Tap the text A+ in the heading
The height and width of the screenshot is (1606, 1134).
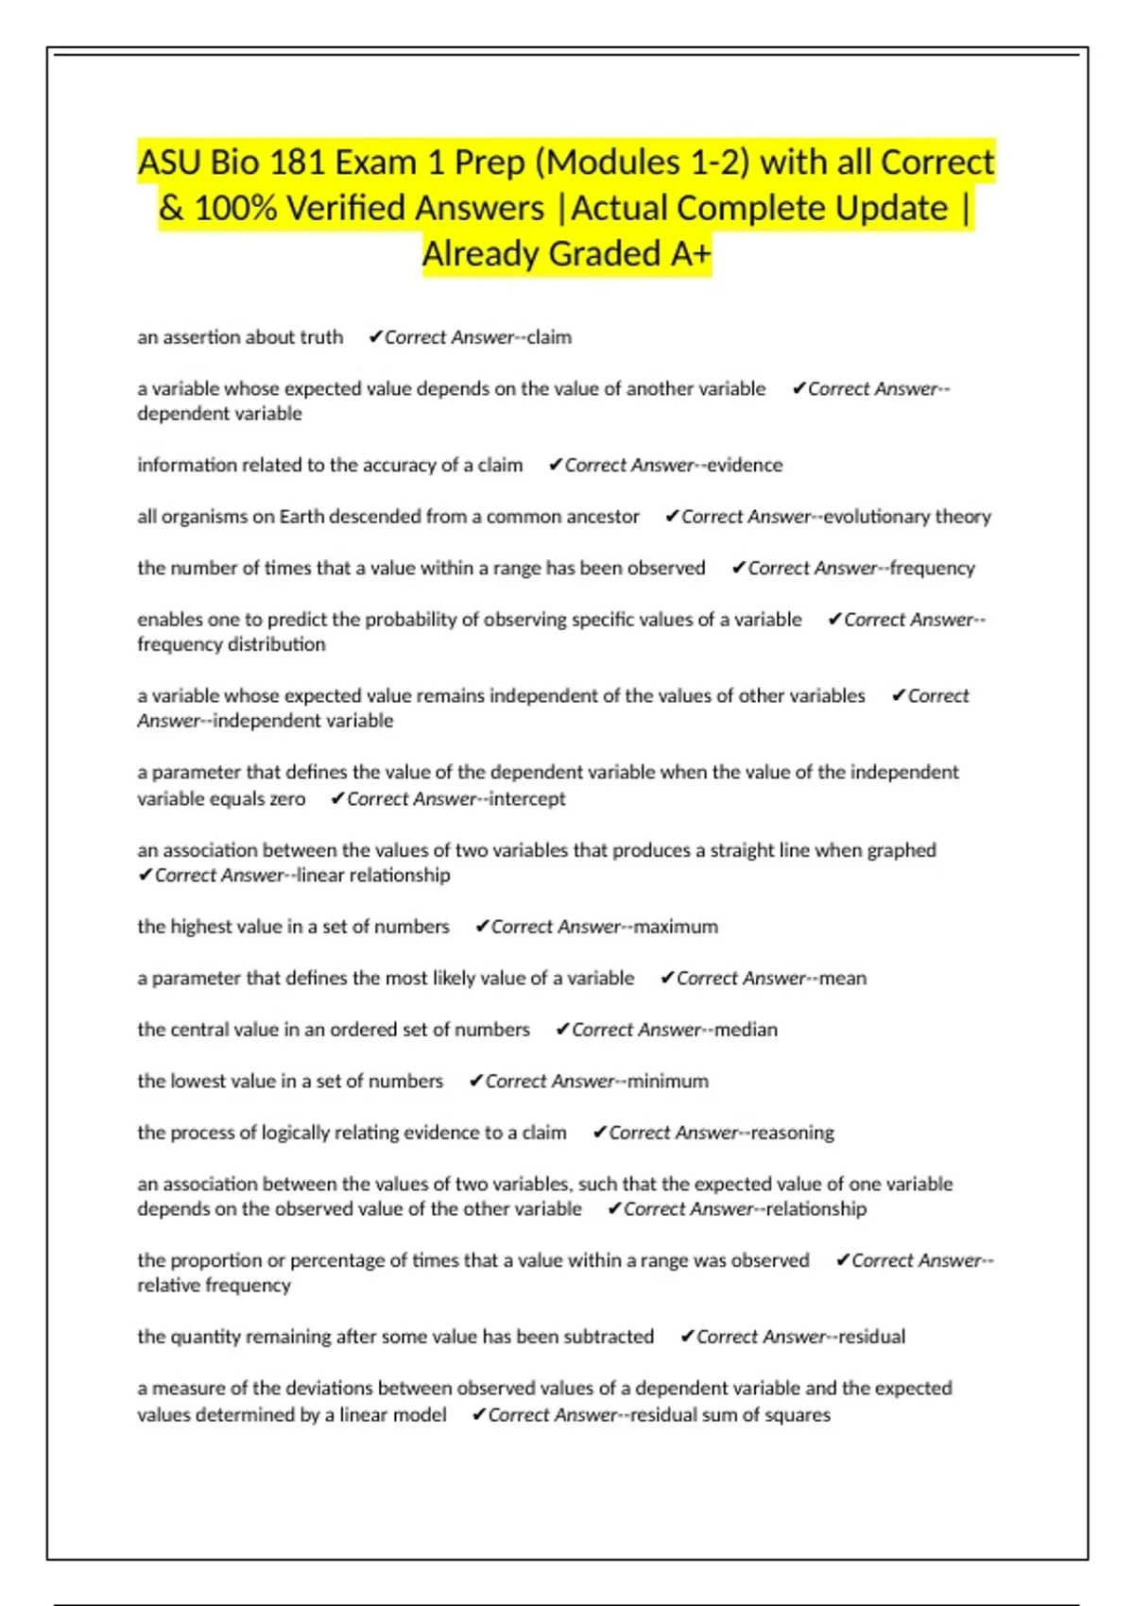[689, 254]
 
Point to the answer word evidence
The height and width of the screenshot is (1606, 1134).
[745, 465]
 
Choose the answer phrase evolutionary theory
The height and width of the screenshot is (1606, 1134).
[906, 517]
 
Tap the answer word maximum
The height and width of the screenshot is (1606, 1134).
[676, 927]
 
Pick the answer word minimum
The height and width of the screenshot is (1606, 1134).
[667, 1081]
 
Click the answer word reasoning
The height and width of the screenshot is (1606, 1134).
[792, 1133]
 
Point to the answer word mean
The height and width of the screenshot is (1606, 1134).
[842, 979]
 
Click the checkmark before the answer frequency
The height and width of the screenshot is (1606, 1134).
[739, 568]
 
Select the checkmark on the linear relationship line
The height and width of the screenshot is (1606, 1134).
[146, 876]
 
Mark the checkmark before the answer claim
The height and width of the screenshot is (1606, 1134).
[375, 337]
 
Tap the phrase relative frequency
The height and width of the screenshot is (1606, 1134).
[214, 1286]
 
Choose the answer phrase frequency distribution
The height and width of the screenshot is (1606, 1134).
[232, 644]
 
